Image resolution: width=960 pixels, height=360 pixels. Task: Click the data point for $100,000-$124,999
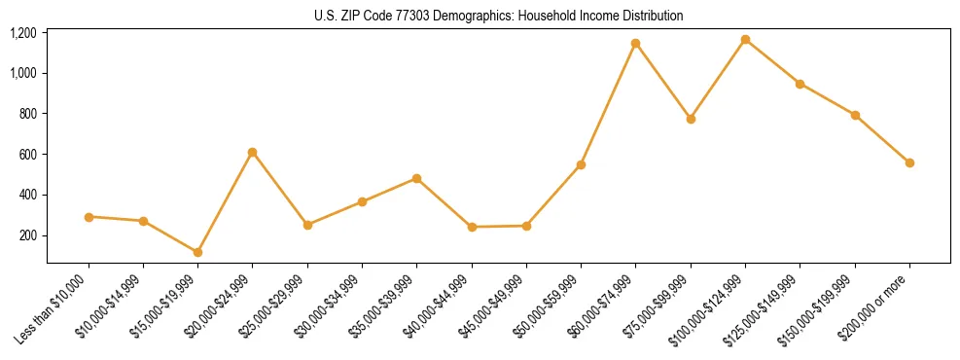(745, 40)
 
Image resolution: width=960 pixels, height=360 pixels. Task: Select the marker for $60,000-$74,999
(636, 44)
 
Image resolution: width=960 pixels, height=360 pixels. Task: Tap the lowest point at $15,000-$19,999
(198, 252)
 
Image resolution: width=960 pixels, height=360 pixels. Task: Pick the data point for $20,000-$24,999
(253, 152)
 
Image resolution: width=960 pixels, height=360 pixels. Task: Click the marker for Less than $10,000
(89, 217)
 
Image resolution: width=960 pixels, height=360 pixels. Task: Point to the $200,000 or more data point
(909, 162)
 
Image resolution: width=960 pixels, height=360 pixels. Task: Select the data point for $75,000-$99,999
(691, 119)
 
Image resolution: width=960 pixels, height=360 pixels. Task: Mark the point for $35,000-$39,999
(416, 178)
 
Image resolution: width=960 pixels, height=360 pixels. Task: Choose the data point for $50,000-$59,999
(581, 164)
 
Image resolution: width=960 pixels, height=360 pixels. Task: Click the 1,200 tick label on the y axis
(22, 33)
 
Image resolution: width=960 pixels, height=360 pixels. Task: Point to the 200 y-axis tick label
(27, 235)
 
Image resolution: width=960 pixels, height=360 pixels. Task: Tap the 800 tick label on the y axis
(27, 114)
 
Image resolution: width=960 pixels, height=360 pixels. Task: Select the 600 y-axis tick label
(27, 155)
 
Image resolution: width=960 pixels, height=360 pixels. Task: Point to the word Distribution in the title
(653, 17)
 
